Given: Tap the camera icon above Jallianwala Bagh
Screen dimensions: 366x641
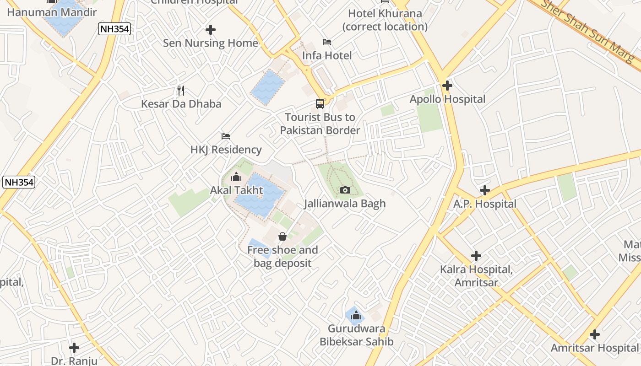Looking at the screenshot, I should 345,190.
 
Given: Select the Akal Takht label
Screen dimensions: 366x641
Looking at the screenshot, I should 237,190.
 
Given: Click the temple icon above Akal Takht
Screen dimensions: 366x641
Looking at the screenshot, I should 236,177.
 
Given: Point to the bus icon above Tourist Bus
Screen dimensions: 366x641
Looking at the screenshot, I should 320,103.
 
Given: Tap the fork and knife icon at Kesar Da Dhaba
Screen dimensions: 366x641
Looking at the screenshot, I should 181,90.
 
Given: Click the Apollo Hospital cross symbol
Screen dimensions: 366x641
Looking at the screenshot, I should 447,86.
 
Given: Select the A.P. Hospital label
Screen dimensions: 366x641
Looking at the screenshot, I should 485,204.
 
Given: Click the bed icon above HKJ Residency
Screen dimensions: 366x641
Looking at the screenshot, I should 226,136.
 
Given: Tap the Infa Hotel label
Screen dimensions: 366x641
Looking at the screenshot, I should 327,56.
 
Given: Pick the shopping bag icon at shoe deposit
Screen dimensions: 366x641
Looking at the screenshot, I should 282,237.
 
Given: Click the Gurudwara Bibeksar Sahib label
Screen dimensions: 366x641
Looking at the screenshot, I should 356,335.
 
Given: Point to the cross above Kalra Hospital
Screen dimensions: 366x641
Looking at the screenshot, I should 476,256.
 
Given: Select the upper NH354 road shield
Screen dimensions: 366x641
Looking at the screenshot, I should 114,29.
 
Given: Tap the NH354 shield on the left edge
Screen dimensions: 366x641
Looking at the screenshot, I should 19,182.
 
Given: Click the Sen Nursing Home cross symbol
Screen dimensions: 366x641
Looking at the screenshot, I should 211,30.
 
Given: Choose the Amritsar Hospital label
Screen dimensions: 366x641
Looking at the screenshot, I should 594,348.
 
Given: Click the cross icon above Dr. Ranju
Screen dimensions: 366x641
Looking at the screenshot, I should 74,348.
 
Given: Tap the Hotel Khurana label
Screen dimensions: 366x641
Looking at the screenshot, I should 385,20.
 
